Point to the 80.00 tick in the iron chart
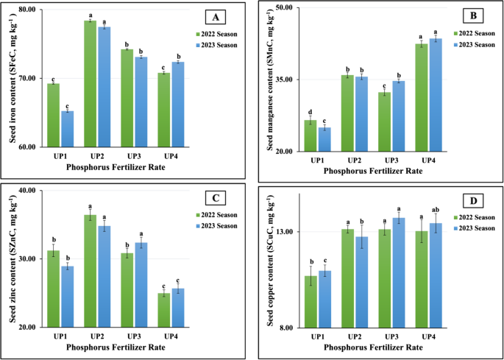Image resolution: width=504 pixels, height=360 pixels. coord(29,10)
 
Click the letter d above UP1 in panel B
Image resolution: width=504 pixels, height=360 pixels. coord(310,112)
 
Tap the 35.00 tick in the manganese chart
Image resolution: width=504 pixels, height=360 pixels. coord(283,80)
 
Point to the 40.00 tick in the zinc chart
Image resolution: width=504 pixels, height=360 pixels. coord(29,191)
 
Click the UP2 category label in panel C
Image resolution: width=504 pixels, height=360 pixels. coord(96,336)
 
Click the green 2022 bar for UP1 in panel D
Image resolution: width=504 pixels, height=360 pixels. coord(310,302)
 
